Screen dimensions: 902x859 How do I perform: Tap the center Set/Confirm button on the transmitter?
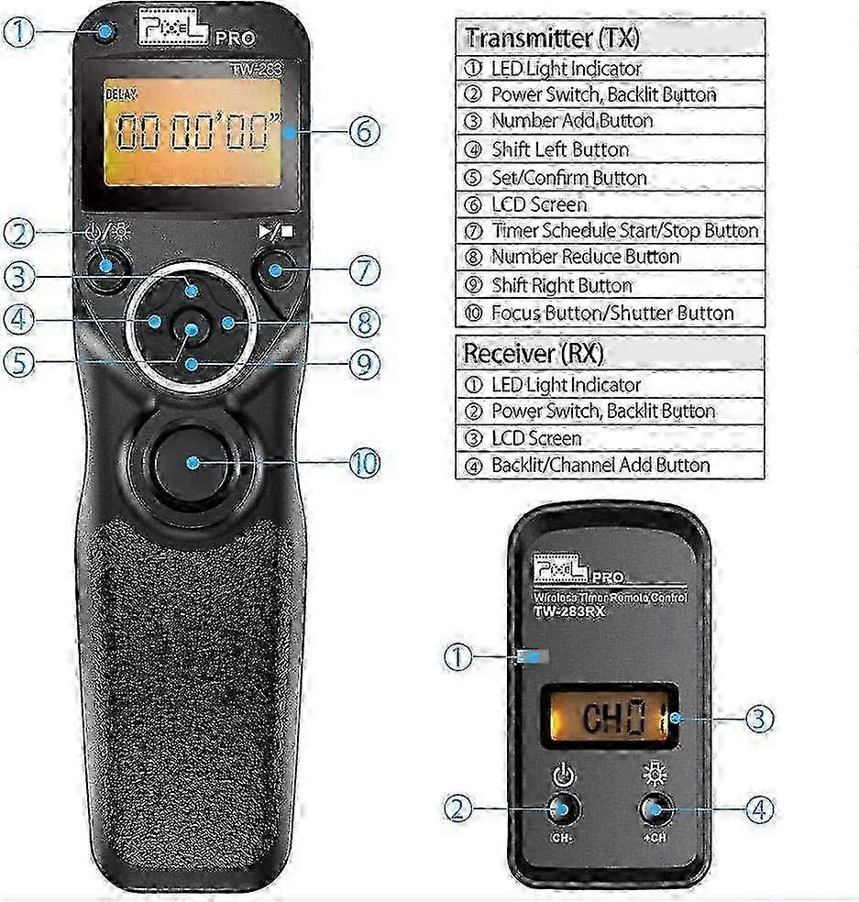191,331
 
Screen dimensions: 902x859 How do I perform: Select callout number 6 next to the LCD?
363,131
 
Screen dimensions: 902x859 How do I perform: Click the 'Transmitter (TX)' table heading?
552,38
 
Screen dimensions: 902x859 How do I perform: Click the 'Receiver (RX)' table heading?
534,353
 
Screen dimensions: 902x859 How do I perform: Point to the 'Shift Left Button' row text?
560,149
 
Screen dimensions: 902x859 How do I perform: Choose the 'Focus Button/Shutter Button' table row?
612,313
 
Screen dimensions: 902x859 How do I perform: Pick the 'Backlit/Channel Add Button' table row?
600,465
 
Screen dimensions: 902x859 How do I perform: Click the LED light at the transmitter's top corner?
106,33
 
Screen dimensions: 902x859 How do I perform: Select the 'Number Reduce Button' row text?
585,257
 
